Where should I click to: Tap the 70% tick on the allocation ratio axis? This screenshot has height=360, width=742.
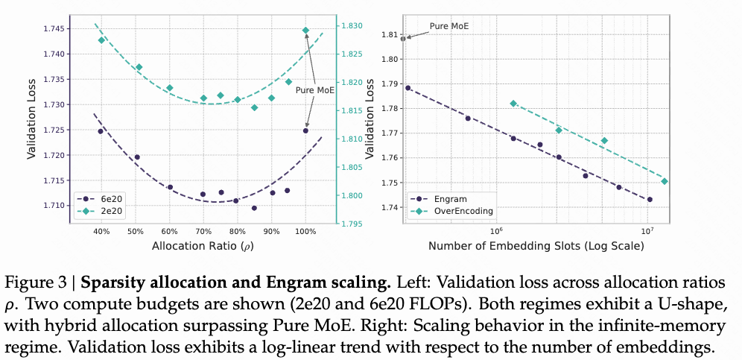coord(203,231)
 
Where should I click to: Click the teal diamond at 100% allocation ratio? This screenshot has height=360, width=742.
coord(305,31)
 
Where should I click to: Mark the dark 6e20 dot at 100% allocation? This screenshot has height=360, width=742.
coord(305,130)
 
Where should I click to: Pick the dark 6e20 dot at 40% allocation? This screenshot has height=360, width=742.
coord(101,131)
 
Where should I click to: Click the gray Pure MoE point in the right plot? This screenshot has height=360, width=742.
coord(403,37)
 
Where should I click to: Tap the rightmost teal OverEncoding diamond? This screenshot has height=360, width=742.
coord(665,181)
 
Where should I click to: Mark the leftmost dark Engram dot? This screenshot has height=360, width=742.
coord(408,88)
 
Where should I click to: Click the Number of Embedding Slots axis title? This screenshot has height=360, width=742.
coord(536,245)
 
